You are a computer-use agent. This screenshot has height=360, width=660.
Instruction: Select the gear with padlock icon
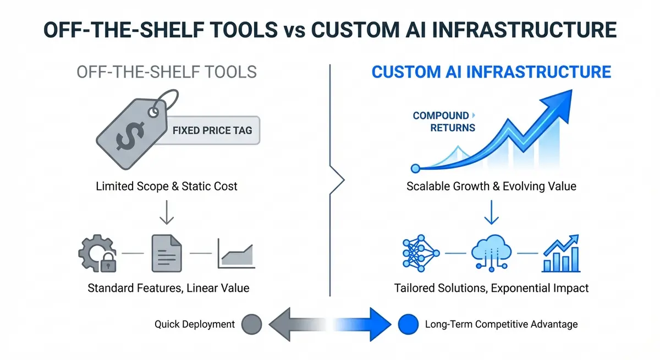(x=98, y=253)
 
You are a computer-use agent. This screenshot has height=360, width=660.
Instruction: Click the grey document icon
(x=166, y=253)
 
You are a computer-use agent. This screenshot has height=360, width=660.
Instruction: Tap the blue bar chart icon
(x=560, y=253)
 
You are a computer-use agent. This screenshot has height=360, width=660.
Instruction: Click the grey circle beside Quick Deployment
(x=252, y=324)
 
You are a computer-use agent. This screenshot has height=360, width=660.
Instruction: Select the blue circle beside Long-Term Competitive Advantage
(x=408, y=324)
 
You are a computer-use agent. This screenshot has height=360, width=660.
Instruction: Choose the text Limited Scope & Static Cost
(x=166, y=186)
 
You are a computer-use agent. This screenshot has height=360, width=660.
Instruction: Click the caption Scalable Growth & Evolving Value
(x=491, y=186)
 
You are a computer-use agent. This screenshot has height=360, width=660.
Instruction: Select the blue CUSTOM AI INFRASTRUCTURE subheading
(x=491, y=72)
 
